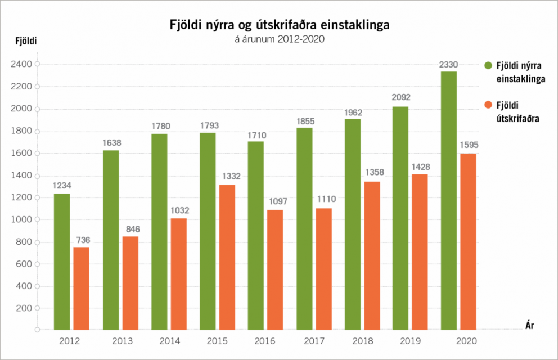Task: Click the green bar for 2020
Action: click(x=449, y=200)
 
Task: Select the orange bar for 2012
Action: click(x=82, y=288)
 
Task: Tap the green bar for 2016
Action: click(x=256, y=235)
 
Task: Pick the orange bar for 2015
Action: click(x=227, y=256)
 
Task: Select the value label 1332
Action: click(x=228, y=177)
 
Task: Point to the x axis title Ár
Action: click(x=529, y=325)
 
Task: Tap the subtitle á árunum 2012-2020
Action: click(x=280, y=39)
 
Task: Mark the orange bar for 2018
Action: click(x=372, y=255)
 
